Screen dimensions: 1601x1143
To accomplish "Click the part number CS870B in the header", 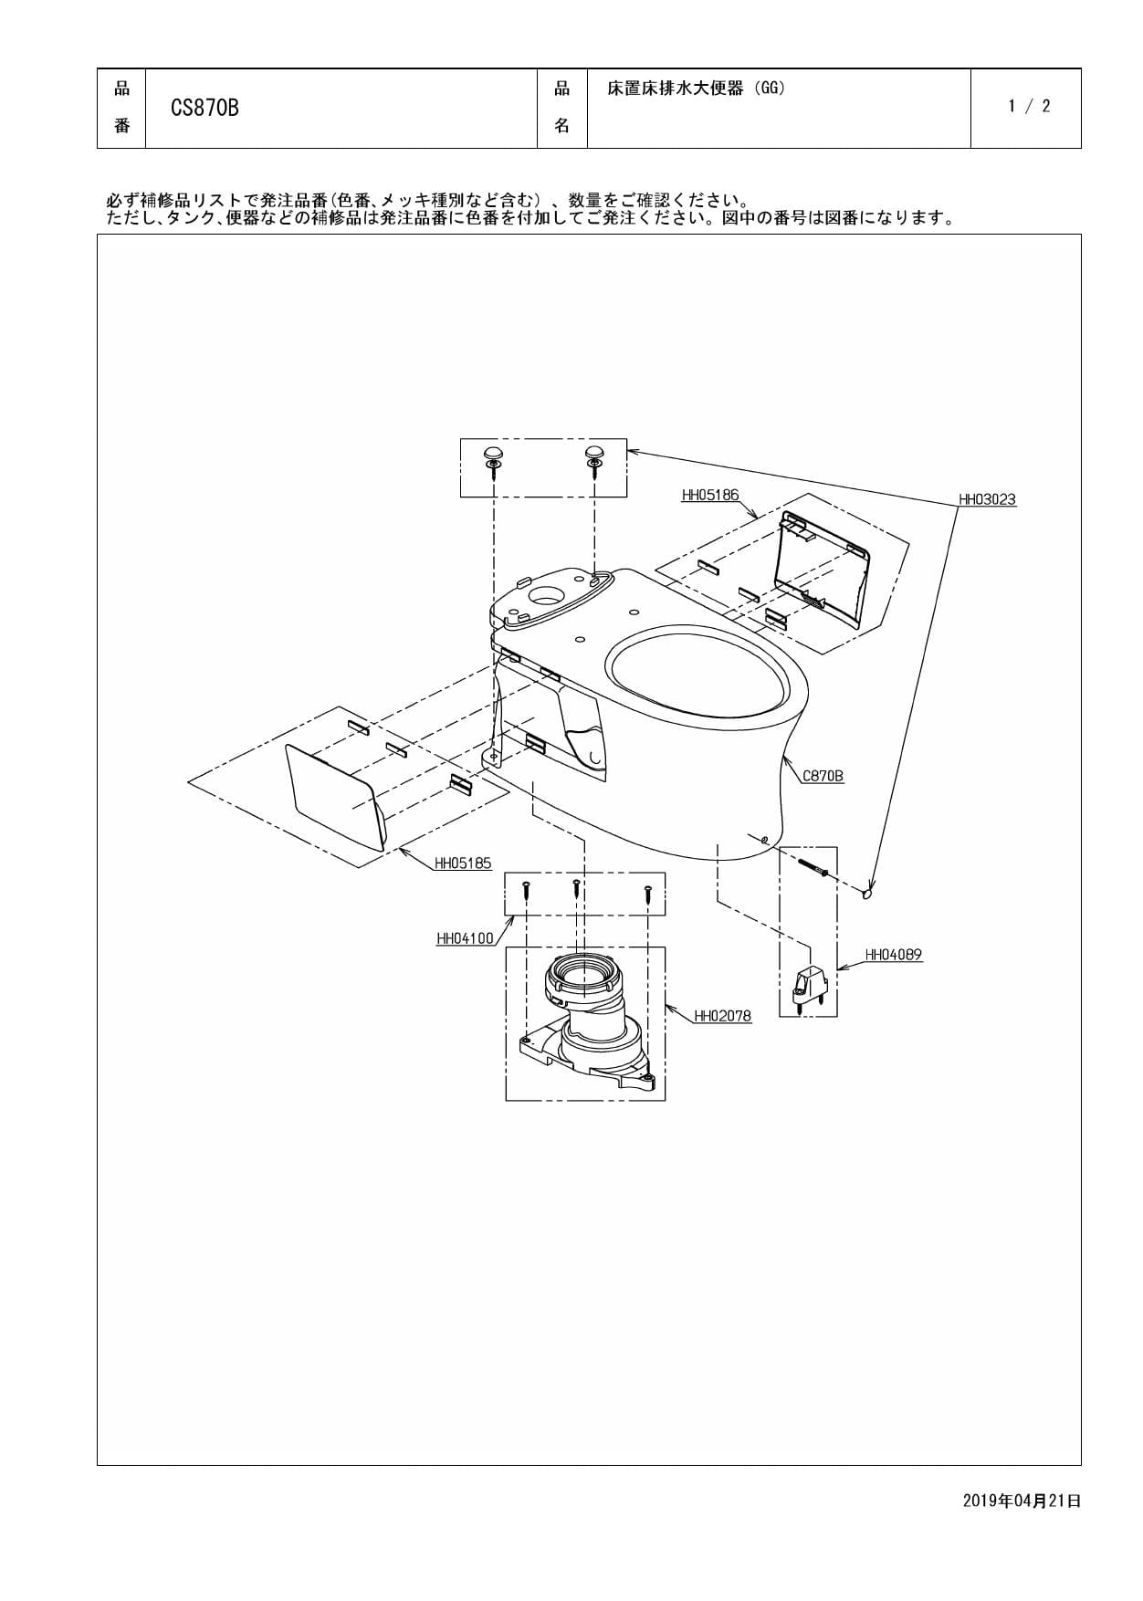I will [x=204, y=108].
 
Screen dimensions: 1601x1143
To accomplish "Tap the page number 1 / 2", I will [x=1029, y=106].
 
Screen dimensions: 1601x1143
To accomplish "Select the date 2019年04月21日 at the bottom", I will [x=1021, y=1501].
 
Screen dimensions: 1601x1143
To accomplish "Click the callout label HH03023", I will [x=986, y=499].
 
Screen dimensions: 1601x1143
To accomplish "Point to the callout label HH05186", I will [x=709, y=496].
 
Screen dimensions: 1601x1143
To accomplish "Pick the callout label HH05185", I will [x=463, y=863].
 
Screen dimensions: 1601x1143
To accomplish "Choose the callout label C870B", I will [x=823, y=776].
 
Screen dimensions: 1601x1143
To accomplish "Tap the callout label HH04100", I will [x=465, y=938].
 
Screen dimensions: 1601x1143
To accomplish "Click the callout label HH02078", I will [x=722, y=1015].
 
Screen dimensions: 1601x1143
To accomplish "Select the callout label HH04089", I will [x=893, y=955].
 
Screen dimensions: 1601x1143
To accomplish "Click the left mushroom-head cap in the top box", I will [x=493, y=454].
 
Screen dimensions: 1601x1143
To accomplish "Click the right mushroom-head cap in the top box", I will [x=594, y=454].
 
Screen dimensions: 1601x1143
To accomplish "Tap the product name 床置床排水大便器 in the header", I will [x=676, y=89].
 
